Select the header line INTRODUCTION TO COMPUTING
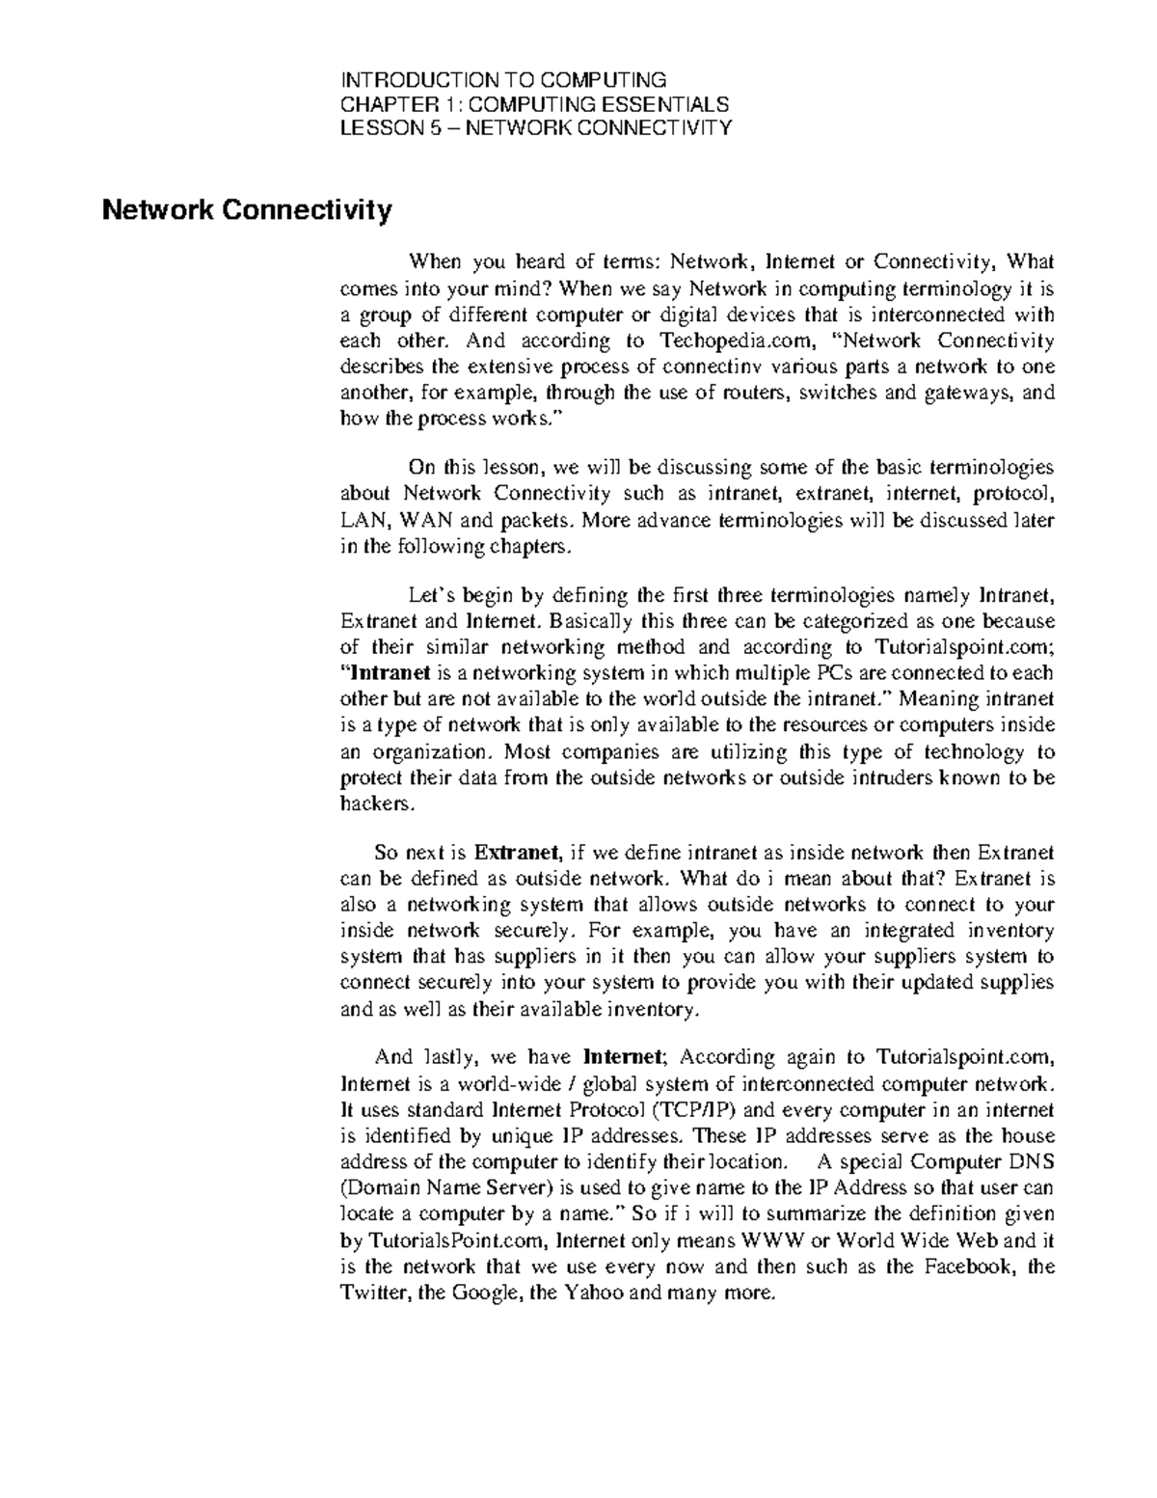coord(504,79)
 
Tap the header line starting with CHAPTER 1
coord(536,104)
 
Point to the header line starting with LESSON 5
coord(537,128)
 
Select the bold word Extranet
coord(518,853)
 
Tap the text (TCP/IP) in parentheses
coord(692,1108)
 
